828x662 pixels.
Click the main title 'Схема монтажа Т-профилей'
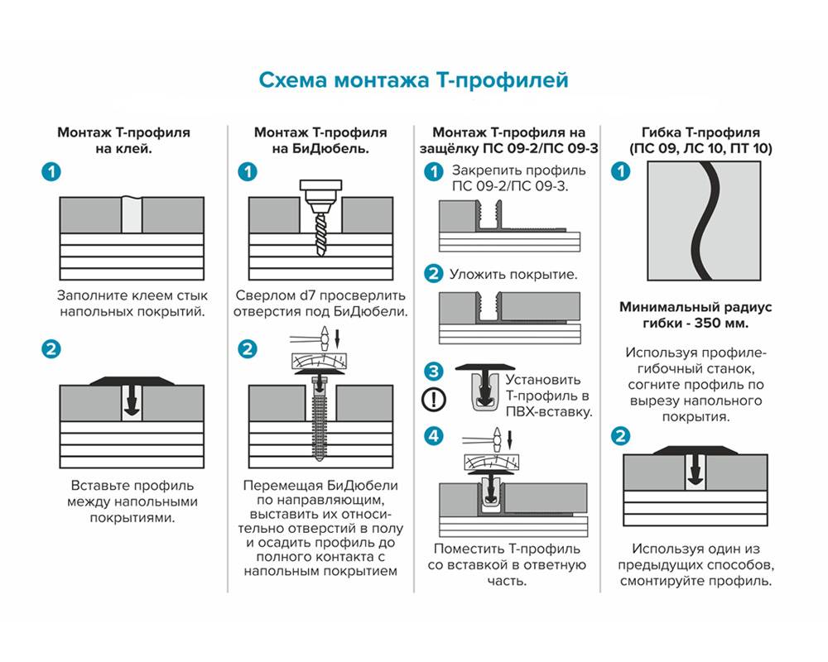(x=413, y=80)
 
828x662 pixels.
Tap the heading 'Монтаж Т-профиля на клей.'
(x=123, y=141)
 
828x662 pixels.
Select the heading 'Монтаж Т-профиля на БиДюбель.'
(x=320, y=141)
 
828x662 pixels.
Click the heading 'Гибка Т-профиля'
(x=700, y=132)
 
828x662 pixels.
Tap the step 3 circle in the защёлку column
(x=433, y=372)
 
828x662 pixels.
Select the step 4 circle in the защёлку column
(x=433, y=435)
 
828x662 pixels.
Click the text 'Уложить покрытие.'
(x=513, y=274)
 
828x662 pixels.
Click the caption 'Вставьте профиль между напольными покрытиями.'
(x=132, y=501)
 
